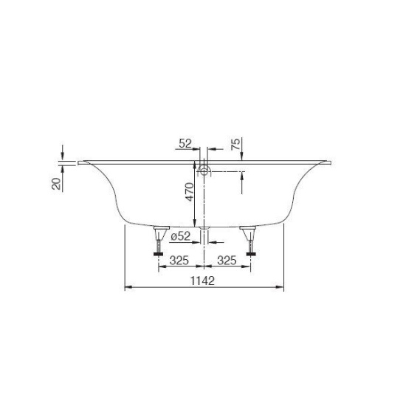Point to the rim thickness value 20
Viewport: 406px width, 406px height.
(56, 182)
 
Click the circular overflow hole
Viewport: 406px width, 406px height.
(204, 171)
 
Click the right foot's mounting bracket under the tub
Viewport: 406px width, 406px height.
(247, 229)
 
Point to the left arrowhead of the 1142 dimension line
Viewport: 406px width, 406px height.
(126, 286)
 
